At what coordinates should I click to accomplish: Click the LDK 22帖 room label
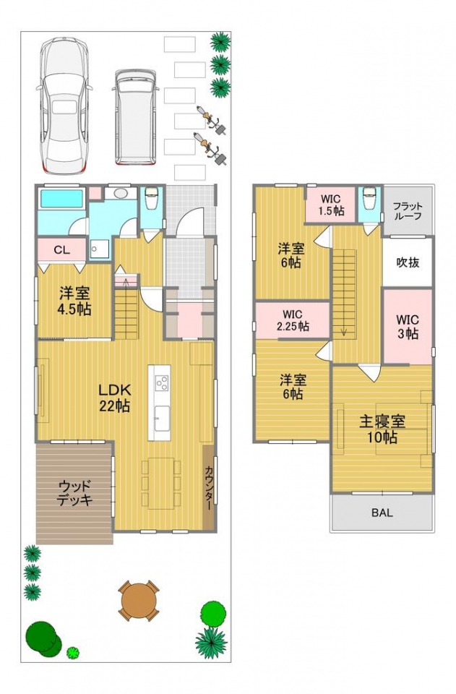tap(115, 398)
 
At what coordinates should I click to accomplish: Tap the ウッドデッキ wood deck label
tap(75, 492)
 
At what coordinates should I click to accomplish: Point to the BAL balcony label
tap(382, 513)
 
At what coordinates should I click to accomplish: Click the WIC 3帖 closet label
tap(408, 326)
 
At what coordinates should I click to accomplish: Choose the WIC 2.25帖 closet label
tap(293, 320)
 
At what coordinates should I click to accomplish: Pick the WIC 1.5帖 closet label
tap(331, 205)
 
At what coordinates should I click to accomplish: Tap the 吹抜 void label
tap(408, 262)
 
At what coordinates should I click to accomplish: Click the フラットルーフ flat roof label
tap(408, 211)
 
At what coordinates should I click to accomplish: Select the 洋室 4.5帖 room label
tap(74, 301)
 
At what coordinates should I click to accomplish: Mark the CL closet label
tap(61, 249)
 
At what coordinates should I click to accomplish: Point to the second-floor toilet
tap(369, 197)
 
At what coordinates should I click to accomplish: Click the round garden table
tap(139, 601)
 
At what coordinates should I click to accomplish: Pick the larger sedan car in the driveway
tap(64, 106)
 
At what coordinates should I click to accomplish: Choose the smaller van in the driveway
tap(135, 117)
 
